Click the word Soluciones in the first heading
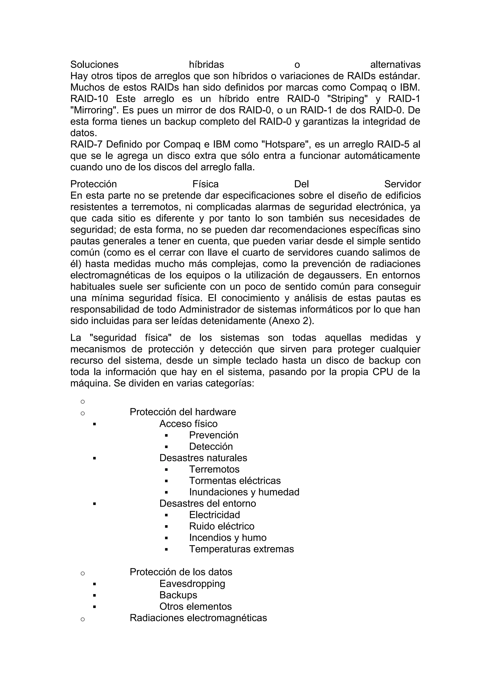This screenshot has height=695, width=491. click(94, 65)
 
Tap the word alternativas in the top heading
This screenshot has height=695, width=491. click(395, 65)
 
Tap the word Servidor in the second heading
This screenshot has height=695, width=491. click(402, 184)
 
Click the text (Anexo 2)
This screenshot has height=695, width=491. click(291, 321)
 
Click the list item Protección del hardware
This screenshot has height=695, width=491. click(183, 412)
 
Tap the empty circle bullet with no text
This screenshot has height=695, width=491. click(82, 402)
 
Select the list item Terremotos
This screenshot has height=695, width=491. click(214, 469)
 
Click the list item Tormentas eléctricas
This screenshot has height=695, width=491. click(235, 481)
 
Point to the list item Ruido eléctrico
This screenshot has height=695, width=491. click(222, 526)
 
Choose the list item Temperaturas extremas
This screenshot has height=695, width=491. click(241, 549)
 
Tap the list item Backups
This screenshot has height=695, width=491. click(178, 595)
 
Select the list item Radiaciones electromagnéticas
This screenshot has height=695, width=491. click(198, 618)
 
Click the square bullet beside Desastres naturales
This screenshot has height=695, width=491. click(95, 458)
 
